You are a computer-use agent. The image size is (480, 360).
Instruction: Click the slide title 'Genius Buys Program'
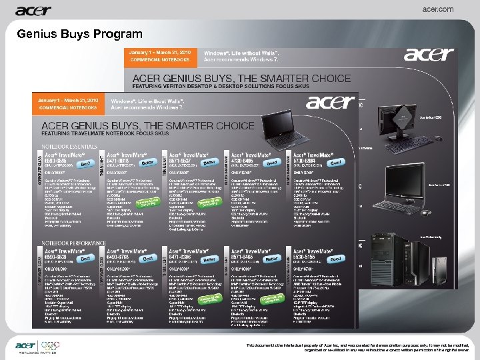79,34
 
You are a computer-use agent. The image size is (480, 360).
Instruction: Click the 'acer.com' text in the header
438,9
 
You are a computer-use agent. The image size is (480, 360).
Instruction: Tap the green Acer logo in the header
33,10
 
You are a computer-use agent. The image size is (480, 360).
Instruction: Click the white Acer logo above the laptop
330,101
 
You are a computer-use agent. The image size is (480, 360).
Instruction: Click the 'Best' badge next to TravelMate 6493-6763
151,256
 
